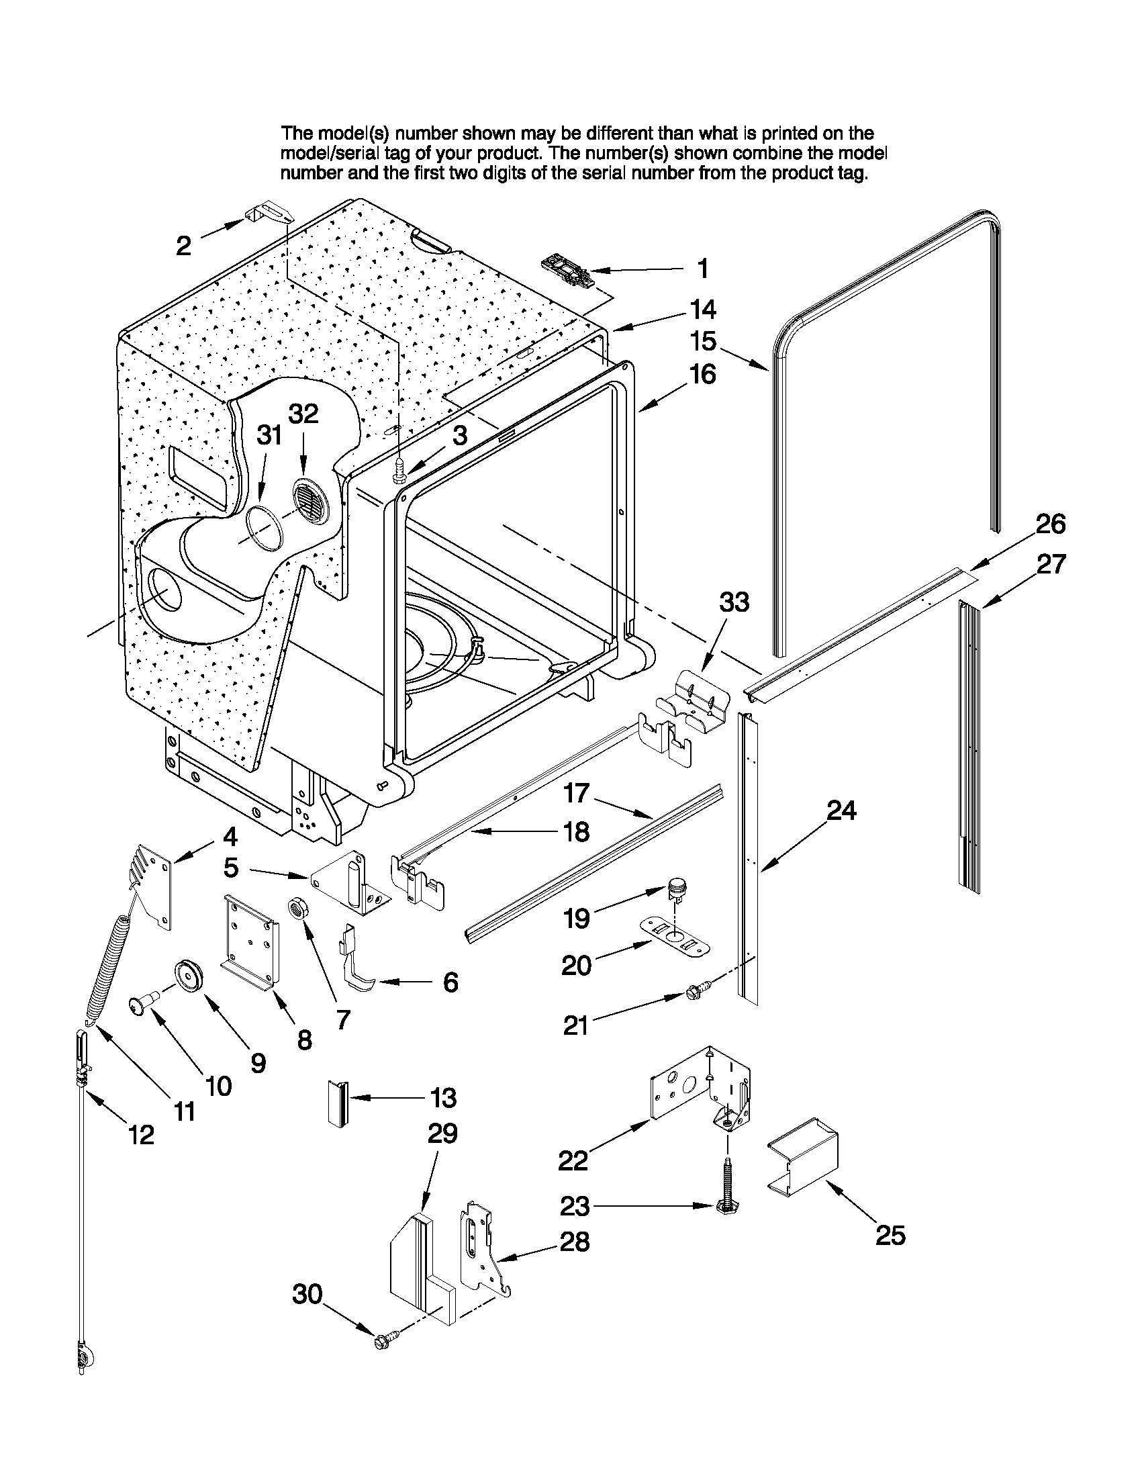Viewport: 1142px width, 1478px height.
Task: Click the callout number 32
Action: click(303, 414)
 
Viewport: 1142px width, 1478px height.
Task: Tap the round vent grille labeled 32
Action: click(310, 502)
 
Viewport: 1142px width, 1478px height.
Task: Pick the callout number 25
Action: click(890, 1236)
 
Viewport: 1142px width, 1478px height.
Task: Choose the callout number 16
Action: click(704, 374)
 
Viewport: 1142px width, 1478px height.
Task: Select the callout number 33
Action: click(734, 601)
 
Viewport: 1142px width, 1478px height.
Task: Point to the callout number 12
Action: click(142, 1134)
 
